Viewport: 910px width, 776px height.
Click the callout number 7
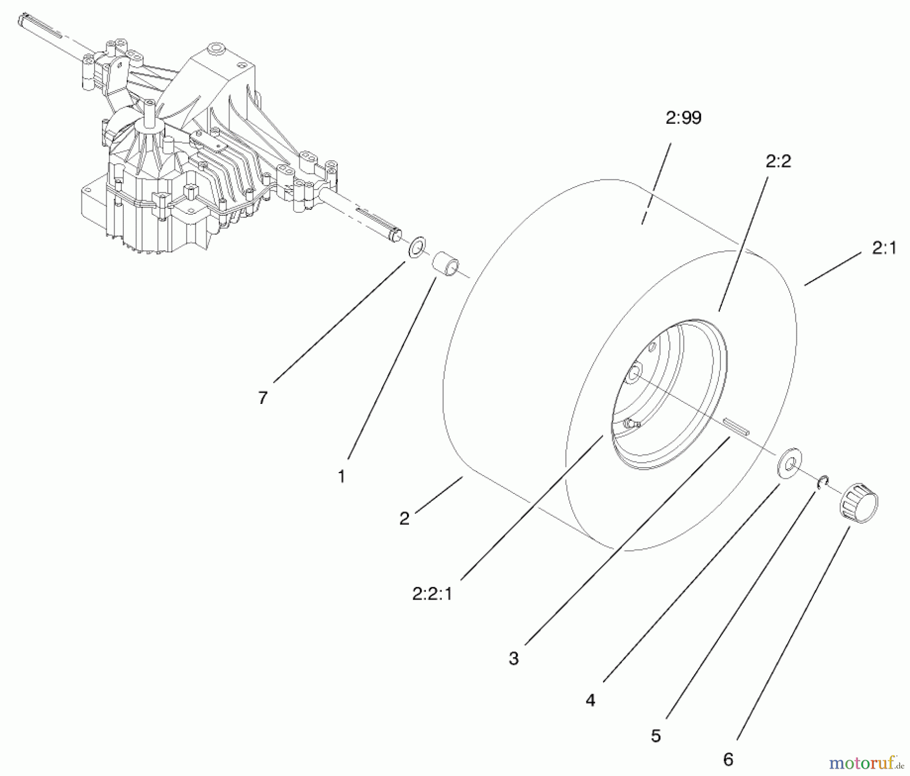pyautogui.click(x=262, y=397)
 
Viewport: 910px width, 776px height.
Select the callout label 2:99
pyautogui.click(x=684, y=118)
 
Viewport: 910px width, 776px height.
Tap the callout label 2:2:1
pyautogui.click(x=432, y=594)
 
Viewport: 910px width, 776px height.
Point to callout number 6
pyautogui.click(x=728, y=759)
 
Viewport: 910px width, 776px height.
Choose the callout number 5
pyautogui.click(x=656, y=736)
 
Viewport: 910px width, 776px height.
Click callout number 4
pyautogui.click(x=590, y=700)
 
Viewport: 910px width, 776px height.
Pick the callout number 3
pyautogui.click(x=514, y=658)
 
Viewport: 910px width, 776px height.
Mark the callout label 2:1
pyautogui.click(x=884, y=248)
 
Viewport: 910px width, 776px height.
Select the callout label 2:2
pyautogui.click(x=778, y=162)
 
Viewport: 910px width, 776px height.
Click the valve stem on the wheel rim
pyautogui.click(x=629, y=423)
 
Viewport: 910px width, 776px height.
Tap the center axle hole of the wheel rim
pyautogui.click(x=633, y=375)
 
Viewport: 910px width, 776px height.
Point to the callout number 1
pyautogui.click(x=342, y=476)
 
